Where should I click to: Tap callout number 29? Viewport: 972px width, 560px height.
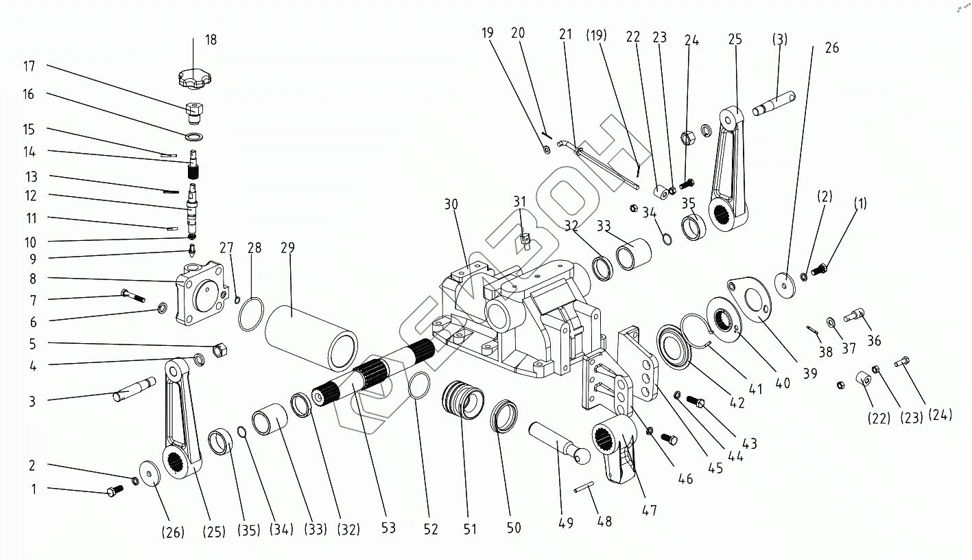pos(287,248)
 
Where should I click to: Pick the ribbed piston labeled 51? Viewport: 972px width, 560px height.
pos(463,400)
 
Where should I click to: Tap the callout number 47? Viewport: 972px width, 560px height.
pos(649,510)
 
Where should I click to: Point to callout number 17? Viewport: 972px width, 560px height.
pos(29,67)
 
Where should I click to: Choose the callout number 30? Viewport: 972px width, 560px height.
pos(450,205)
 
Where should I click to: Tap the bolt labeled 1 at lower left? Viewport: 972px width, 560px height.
pos(115,490)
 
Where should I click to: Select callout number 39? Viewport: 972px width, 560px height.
pos(810,373)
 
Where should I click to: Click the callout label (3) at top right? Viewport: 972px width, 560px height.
pos(780,39)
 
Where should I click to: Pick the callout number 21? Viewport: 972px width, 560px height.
pos(565,34)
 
